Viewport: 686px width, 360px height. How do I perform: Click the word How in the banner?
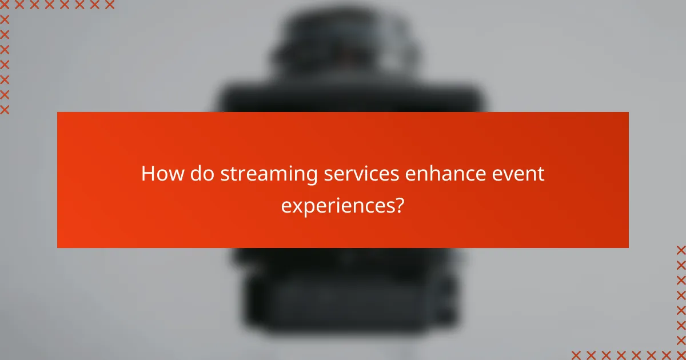click(160, 174)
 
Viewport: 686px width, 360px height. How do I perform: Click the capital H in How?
click(147, 174)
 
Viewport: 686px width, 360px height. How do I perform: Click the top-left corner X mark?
click(5, 5)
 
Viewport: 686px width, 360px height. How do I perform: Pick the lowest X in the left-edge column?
click(5, 109)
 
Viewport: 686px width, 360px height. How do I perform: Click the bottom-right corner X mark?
click(681, 355)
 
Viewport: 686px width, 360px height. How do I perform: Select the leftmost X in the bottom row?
click(576, 355)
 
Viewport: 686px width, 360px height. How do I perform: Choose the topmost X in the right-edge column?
click(681, 250)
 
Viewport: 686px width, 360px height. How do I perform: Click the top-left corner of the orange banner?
click(58, 113)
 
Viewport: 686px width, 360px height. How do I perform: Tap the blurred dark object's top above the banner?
click(343, 23)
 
